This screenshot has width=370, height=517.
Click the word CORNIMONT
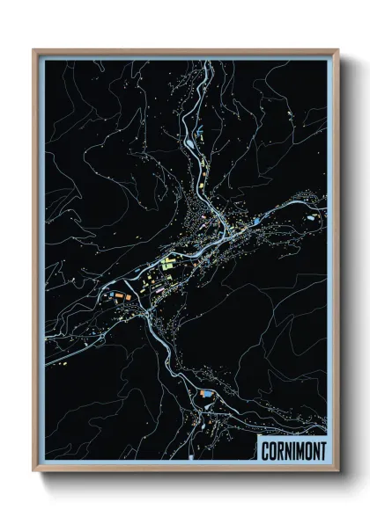[x=293, y=449]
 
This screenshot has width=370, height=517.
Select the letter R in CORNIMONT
[x=280, y=449]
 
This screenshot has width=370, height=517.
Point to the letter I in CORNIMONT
[x=293, y=449]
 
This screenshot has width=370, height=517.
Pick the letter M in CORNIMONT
[x=300, y=449]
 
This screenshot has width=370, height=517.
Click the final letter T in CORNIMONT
[x=322, y=449]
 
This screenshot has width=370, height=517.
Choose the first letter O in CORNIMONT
[x=273, y=449]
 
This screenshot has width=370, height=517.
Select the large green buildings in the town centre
[x=168, y=262]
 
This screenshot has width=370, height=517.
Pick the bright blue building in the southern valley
[x=208, y=397]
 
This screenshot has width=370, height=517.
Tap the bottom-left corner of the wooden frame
[x=34, y=470]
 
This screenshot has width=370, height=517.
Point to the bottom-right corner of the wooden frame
[x=339, y=470]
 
